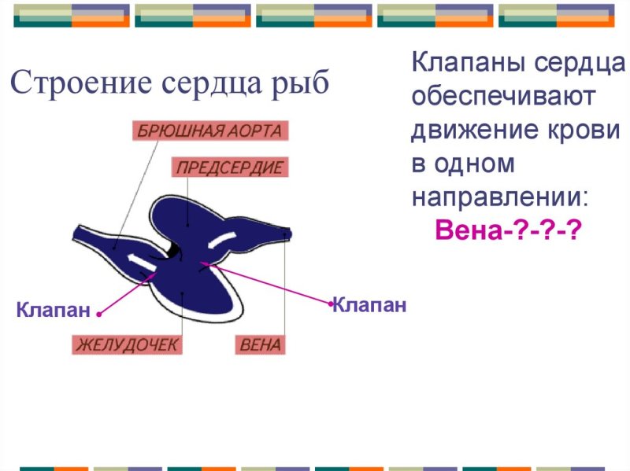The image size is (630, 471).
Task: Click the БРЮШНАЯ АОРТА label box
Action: click(210, 131)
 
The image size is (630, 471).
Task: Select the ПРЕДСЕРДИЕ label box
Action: click(230, 167)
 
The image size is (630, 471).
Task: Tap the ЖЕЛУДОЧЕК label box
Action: click(127, 345)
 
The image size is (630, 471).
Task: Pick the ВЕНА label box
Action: click(261, 345)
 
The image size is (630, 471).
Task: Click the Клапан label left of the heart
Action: click(53, 310)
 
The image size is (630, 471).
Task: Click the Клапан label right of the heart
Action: click(369, 305)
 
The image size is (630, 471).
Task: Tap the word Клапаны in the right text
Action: click(469, 63)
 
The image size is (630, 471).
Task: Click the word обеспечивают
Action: click(503, 97)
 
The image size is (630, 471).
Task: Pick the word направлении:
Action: click(500, 197)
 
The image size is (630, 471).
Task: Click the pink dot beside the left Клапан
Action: click(99, 315)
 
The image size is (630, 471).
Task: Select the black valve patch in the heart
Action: click(173, 249)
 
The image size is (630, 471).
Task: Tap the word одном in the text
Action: click(475, 164)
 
